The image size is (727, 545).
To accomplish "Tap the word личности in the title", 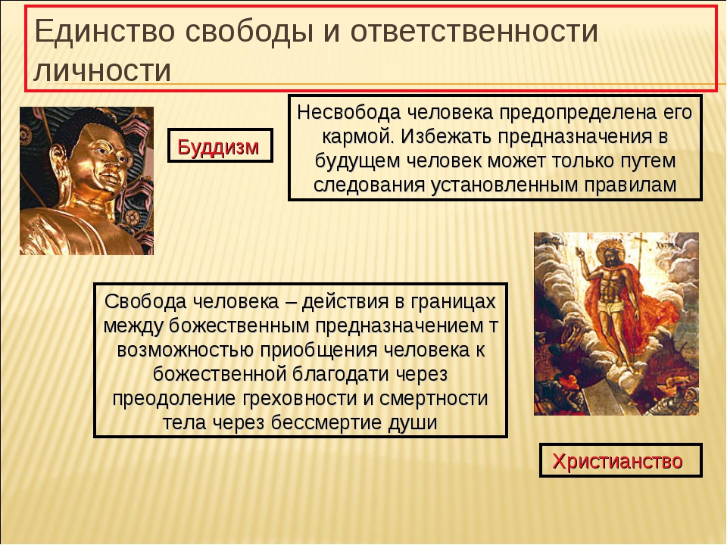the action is [x=102, y=71].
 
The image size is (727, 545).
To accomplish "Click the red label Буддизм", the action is [x=218, y=147].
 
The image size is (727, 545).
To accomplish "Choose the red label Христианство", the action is [x=618, y=461].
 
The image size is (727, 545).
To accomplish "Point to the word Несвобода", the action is [x=348, y=112].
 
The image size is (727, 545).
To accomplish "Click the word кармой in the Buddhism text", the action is [x=358, y=137].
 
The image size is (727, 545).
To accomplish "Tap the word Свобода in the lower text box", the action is [x=145, y=302].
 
